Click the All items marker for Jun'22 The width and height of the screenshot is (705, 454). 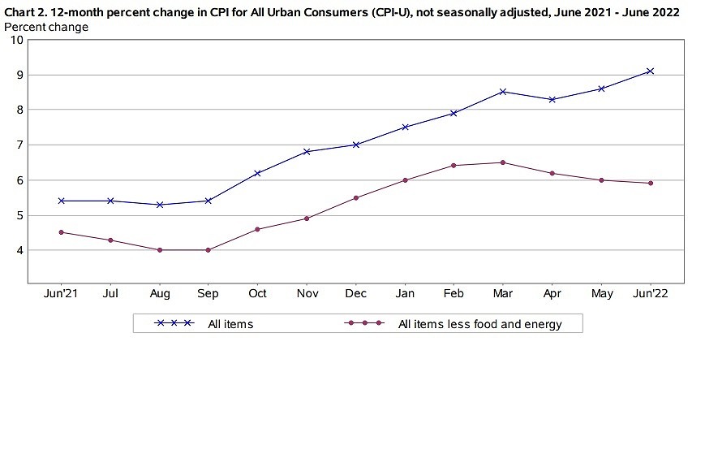(650, 71)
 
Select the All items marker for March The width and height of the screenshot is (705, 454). (503, 92)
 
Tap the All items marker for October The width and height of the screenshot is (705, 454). (257, 173)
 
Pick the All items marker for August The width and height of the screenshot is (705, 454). (159, 205)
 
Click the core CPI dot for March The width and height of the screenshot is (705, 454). (503, 162)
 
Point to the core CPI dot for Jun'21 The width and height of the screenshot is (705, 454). (61, 232)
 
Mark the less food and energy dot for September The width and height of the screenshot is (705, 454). (208, 250)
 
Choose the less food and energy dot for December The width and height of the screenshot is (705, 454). (355, 198)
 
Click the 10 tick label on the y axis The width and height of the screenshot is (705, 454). (15, 40)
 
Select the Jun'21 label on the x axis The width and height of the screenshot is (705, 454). (61, 292)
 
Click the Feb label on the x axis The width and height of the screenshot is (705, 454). (454, 292)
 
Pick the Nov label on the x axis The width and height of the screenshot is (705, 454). (307, 292)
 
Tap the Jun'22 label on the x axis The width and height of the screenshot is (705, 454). (650, 292)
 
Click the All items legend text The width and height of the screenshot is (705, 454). (230, 324)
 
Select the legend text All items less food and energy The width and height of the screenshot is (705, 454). (479, 324)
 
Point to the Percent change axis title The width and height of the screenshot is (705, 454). (46, 27)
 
